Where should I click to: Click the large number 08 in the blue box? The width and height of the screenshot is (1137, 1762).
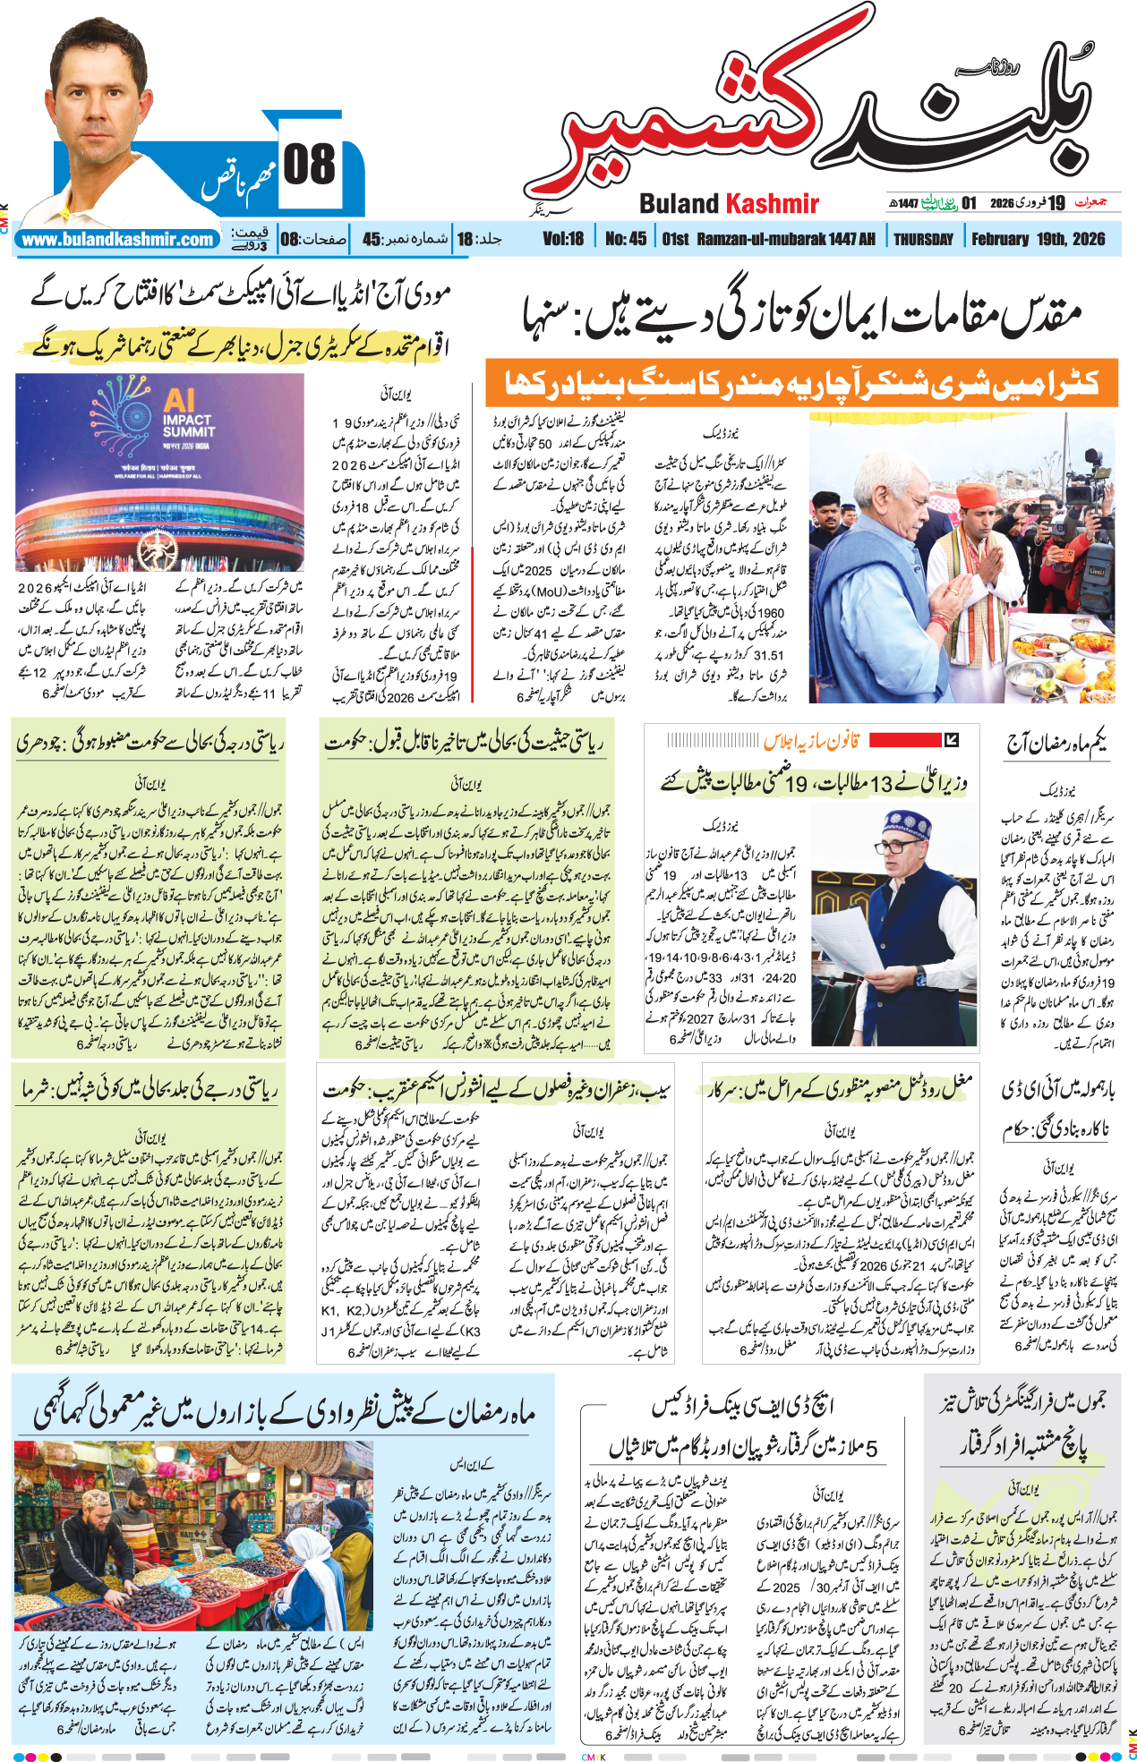pyautogui.click(x=309, y=166)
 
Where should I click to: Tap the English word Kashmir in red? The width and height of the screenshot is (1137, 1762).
pyautogui.click(x=773, y=204)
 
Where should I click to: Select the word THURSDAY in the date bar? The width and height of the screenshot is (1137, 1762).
pyautogui.click(x=923, y=239)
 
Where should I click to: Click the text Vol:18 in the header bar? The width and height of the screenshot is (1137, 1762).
pyautogui.click(x=563, y=239)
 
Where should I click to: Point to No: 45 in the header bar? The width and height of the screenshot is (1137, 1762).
pyautogui.click(x=625, y=239)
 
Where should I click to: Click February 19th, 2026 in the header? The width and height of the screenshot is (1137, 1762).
pyautogui.click(x=1038, y=239)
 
